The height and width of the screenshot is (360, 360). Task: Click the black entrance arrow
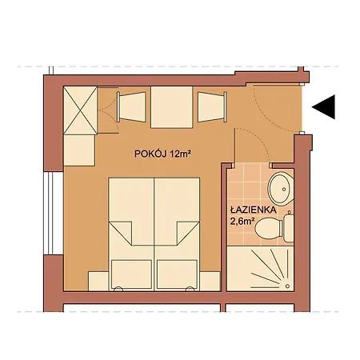pos(326,107)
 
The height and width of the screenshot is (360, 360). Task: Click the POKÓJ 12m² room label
pos(162,154)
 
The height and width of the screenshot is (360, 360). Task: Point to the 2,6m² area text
pos(242,222)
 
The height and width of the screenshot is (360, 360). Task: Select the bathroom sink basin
pos(280,189)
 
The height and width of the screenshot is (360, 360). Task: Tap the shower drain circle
pos(287,286)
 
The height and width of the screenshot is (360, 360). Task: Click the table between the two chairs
pos(172,107)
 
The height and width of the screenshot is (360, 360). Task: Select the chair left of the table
pos(131,107)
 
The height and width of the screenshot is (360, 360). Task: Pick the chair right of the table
pos(212,107)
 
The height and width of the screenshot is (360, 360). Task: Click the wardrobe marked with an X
pos(80,110)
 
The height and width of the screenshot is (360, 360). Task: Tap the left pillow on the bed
pos(132,274)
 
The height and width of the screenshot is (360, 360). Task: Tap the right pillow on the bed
pos(178,274)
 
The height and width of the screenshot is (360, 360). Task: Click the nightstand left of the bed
pos(98,282)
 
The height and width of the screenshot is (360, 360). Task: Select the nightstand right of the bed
pos(210,282)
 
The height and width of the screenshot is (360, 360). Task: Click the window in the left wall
pos(54,214)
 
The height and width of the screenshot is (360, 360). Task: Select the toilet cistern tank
pos(289,228)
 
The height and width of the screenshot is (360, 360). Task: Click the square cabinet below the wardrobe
pos(79,150)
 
